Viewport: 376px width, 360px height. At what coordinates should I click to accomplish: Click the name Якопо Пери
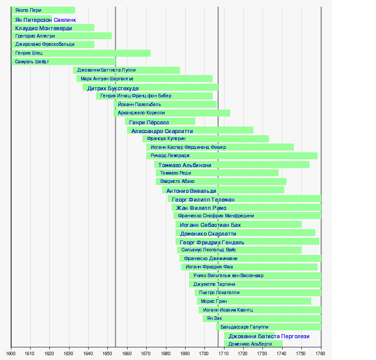coord(28,10)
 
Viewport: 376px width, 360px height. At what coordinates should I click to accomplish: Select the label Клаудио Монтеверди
coord(43,28)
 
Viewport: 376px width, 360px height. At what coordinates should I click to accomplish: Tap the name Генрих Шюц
coord(29,53)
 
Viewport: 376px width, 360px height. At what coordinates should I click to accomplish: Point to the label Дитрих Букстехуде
coord(113,88)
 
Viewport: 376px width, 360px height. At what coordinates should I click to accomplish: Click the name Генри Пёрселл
coord(149,122)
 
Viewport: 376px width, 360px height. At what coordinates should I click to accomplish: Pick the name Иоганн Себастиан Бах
coord(210,225)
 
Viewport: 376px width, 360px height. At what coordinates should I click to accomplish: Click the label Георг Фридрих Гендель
coord(212,242)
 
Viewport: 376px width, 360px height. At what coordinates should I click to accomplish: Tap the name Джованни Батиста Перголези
coord(269,336)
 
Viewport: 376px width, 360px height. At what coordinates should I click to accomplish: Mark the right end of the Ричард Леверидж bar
coord(317,156)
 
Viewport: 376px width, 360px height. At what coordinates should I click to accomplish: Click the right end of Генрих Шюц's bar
coord(150,53)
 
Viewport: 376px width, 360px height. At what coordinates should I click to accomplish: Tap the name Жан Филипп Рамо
coord(201,208)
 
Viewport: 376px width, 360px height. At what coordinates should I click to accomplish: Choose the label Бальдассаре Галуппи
coord(244,327)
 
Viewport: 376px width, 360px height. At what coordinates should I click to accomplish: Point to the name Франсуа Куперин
coord(166,139)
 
